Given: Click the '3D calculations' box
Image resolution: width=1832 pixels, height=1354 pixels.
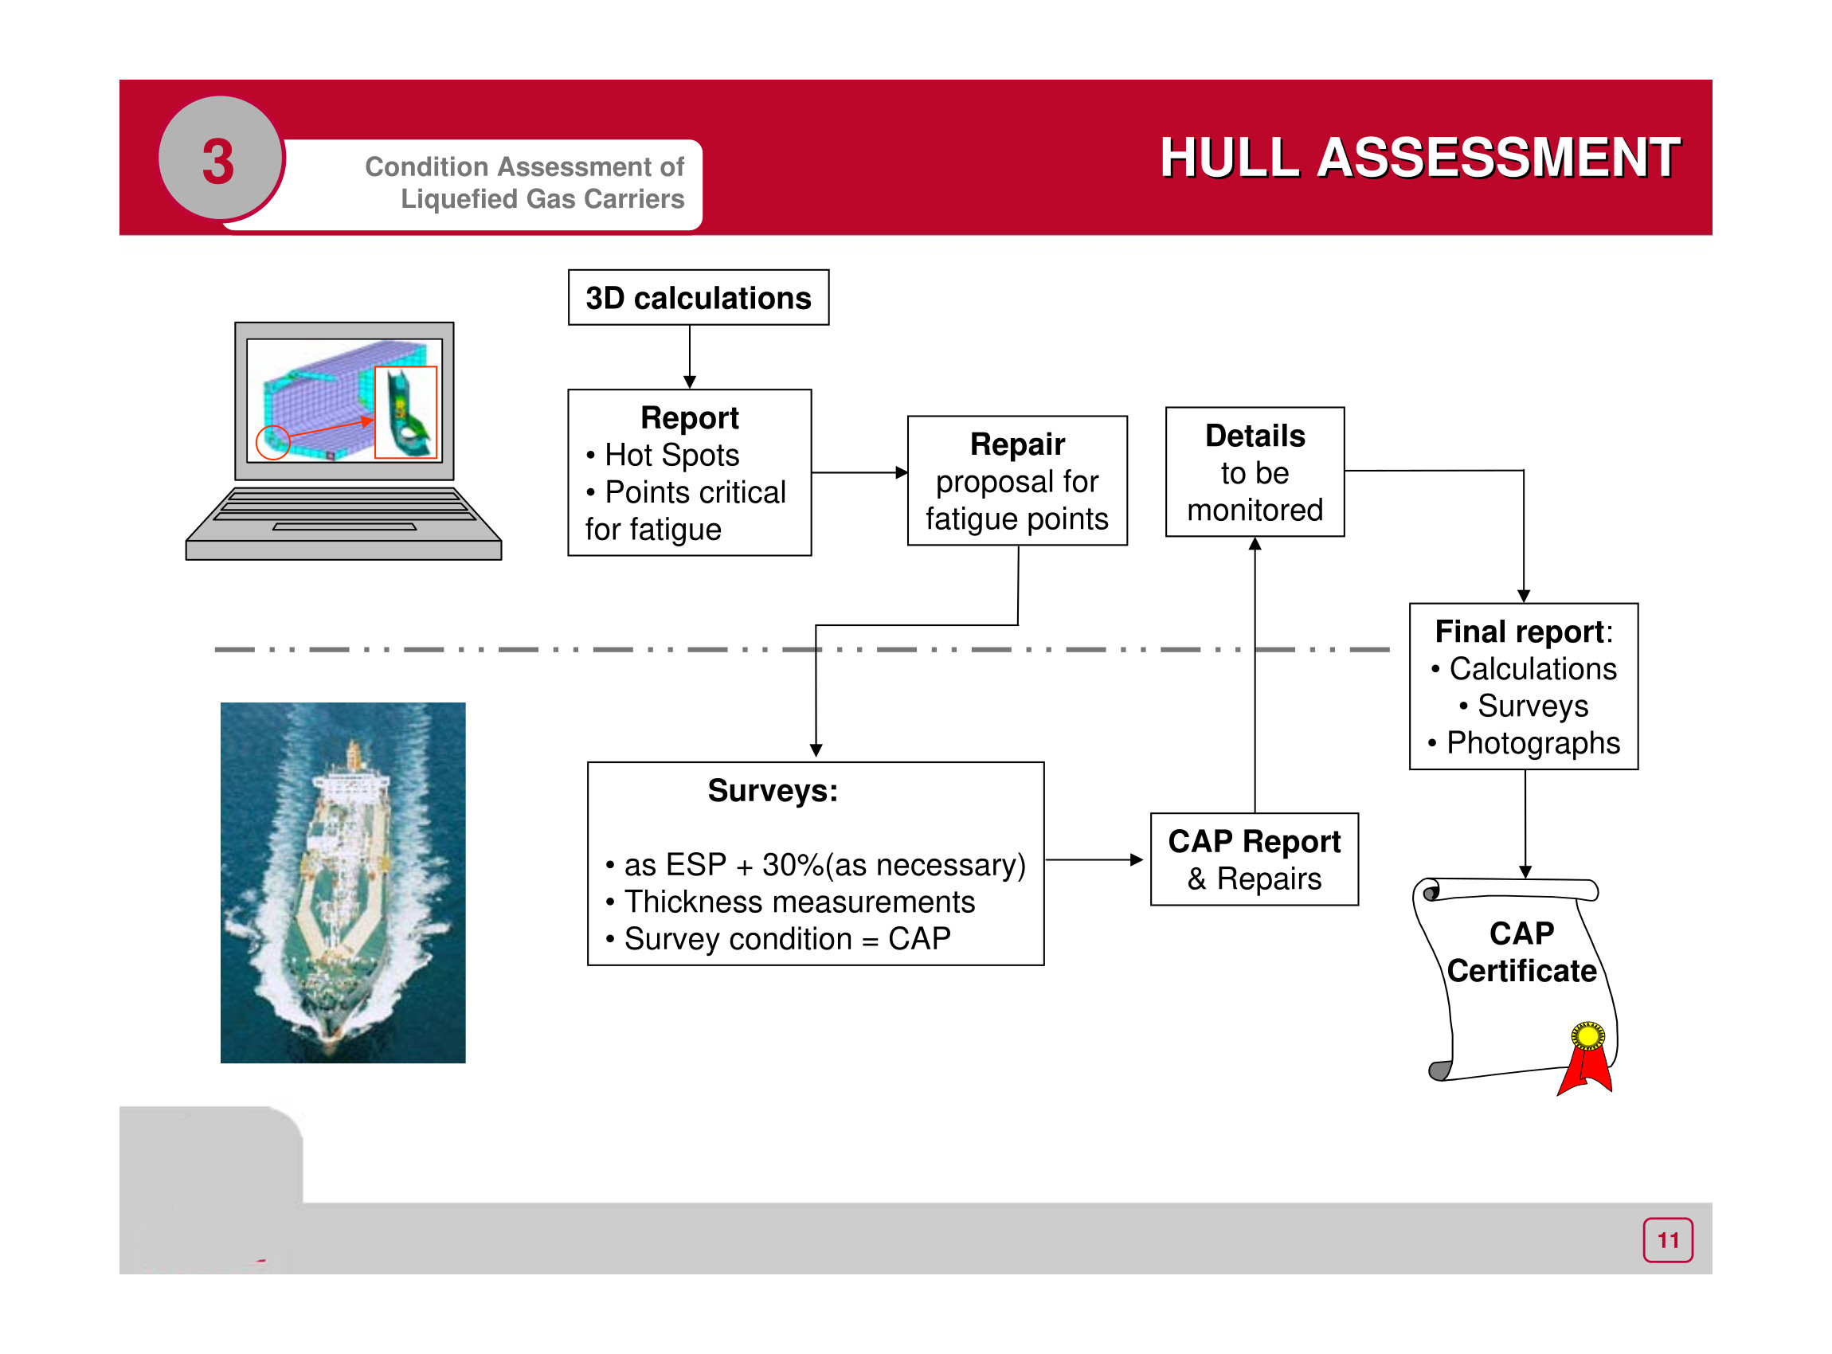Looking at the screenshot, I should click(698, 298).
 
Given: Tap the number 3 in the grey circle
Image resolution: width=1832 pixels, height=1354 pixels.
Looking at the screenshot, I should click(218, 161).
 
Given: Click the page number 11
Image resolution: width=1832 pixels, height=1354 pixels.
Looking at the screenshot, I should click(1667, 1240).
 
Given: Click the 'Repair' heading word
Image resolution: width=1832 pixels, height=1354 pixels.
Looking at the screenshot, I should click(1017, 444).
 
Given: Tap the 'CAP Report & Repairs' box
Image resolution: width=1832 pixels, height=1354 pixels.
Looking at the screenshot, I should click(1254, 859).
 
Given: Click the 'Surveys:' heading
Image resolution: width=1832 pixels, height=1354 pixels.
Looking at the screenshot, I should click(772, 791).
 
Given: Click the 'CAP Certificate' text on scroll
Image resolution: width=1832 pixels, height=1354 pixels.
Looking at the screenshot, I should click(1521, 953).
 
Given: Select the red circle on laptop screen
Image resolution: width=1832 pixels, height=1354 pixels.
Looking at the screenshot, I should click(273, 443).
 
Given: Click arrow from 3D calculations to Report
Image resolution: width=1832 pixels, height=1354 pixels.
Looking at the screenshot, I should click(689, 358).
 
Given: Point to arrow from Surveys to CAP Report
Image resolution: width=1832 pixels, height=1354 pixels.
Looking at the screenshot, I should click(1094, 859).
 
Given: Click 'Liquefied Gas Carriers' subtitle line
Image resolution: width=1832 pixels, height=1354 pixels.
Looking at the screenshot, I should click(542, 199).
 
